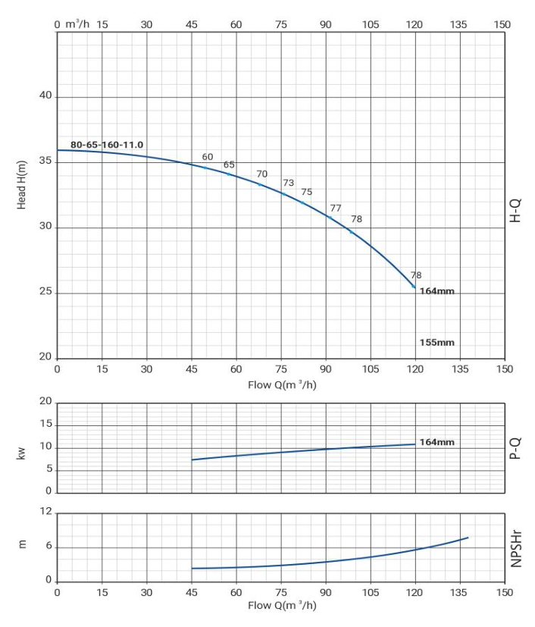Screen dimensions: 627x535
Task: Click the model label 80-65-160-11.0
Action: [x=107, y=144]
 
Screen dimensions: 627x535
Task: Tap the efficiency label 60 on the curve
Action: [x=208, y=157]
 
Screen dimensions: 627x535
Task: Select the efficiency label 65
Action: [x=229, y=165]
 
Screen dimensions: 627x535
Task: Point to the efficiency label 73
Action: [x=288, y=183]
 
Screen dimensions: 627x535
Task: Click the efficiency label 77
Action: [x=336, y=208]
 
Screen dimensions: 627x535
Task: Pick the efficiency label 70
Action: [x=262, y=174]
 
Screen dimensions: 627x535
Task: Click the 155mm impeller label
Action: [x=436, y=342]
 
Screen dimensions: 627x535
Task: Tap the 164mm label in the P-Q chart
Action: [x=436, y=442]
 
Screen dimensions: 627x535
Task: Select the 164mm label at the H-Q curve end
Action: [x=436, y=291]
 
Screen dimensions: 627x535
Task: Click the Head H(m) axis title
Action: [x=22, y=185]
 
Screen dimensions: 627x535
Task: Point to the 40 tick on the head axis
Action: [x=44, y=96]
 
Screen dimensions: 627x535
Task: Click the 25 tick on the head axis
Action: [x=44, y=293]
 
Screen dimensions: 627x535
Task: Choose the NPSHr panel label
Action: [x=515, y=547]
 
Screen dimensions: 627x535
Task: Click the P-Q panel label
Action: [x=515, y=447]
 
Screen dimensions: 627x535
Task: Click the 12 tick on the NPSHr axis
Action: [x=45, y=513]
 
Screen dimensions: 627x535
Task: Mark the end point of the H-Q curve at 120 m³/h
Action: [x=414, y=286]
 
